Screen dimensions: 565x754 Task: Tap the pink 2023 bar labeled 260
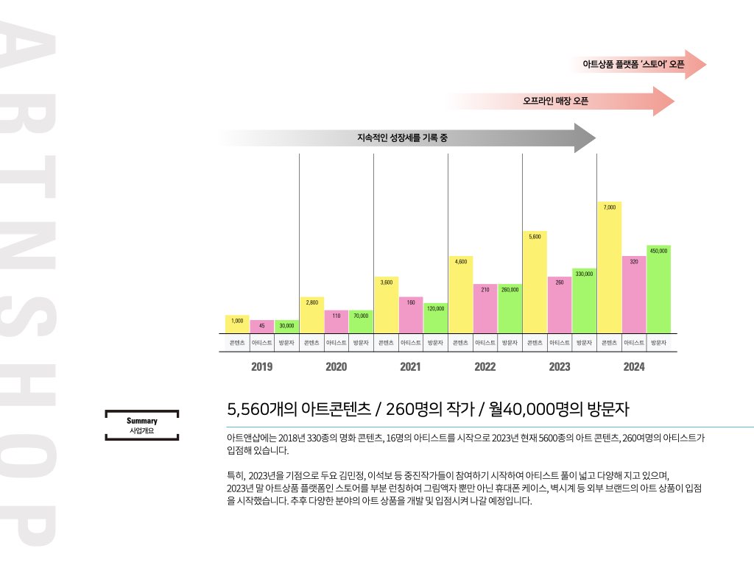click(x=560, y=305)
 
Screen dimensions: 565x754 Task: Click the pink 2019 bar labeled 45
click(x=261, y=327)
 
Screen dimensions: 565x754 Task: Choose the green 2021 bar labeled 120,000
click(x=435, y=318)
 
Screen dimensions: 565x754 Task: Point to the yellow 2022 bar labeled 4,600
click(x=460, y=294)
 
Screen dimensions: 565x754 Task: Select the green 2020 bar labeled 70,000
click(x=361, y=321)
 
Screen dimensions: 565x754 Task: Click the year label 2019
click(x=261, y=367)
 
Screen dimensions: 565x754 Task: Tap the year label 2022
click(x=485, y=367)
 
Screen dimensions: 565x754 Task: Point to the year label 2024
click(x=634, y=367)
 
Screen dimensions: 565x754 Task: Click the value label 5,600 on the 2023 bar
click(x=535, y=236)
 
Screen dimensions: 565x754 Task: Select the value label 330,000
click(x=584, y=274)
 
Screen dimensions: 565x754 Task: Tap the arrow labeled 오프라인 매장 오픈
click(x=560, y=101)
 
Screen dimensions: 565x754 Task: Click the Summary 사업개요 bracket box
click(x=142, y=425)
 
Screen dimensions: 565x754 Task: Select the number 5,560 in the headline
click(x=249, y=408)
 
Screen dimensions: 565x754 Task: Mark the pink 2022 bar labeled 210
click(x=485, y=308)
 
